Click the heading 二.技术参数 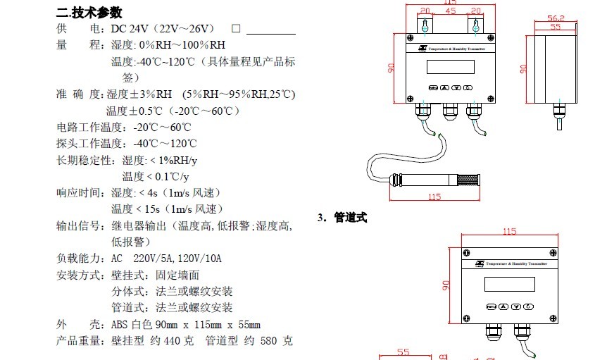[x=89, y=12]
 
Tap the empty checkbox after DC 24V [x=236, y=29]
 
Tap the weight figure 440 [x=170, y=341]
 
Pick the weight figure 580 [x=269, y=341]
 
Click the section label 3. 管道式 [x=342, y=218]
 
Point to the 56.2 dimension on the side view [x=556, y=18]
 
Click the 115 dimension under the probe [x=434, y=197]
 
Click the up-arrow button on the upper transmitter [x=445, y=87]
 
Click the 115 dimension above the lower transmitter [x=509, y=231]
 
